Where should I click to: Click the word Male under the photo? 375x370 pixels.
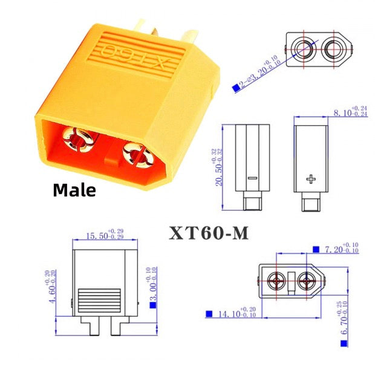(x=74, y=190)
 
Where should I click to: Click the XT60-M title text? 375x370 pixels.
(x=209, y=233)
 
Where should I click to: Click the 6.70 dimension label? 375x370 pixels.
(x=346, y=319)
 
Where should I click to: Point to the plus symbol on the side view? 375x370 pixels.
(x=311, y=179)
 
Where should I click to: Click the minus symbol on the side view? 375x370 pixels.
(x=251, y=178)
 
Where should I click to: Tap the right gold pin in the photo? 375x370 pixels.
(x=137, y=155)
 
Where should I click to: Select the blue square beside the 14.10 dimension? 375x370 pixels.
(x=209, y=314)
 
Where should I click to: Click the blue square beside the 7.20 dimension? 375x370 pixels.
(x=316, y=248)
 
